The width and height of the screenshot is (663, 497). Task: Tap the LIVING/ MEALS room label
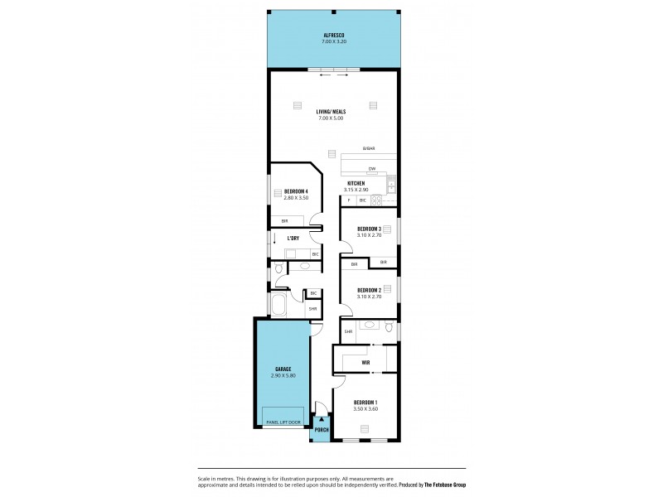coord(331,111)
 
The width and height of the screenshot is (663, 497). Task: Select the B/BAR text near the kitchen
coord(368,149)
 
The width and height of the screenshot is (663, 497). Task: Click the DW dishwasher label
coord(372,169)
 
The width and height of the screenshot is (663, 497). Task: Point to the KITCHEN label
coord(356,183)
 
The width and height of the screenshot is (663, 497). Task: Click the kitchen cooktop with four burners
coord(376,200)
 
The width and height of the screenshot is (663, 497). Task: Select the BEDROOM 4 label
coord(296,192)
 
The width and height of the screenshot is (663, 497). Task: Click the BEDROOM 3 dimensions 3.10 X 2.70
coord(368,235)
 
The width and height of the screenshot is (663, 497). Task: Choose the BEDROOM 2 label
coord(368,290)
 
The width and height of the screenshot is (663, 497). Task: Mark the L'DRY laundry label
coord(293,239)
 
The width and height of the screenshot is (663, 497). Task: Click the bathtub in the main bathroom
coord(278,304)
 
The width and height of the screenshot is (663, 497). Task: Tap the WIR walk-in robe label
coord(365,362)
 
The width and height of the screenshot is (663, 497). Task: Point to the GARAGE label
coord(283,369)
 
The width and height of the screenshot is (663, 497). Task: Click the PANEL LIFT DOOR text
coord(283,422)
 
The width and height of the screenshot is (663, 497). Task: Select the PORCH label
coord(321,430)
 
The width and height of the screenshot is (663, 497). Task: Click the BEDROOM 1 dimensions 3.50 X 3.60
coord(365,408)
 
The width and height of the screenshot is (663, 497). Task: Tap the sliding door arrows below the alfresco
coord(333,75)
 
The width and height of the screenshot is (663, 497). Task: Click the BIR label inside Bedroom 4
coord(283,221)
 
